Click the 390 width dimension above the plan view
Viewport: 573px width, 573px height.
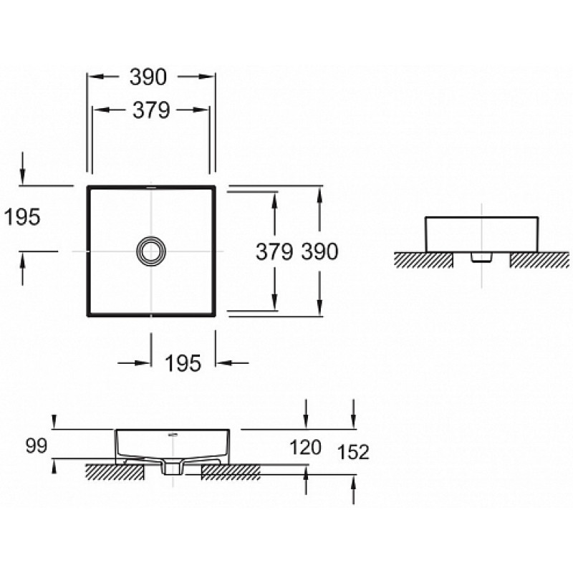point(148,77)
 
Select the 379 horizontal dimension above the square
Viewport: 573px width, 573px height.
point(151,110)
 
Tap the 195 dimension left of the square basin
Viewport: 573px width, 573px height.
point(22,218)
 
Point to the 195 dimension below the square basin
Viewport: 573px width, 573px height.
point(183,364)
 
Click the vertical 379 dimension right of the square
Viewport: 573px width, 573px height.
point(274,252)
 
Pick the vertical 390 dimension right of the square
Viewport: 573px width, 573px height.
point(319,252)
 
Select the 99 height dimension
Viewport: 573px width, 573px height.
point(37,446)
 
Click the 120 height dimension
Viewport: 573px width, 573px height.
point(306,447)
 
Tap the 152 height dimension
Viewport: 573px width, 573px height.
point(353,452)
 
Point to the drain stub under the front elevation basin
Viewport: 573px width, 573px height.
point(481,257)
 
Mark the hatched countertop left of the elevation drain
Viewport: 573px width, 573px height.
point(423,260)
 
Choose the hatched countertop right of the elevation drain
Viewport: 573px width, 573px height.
point(539,260)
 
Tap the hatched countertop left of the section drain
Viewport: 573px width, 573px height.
point(115,472)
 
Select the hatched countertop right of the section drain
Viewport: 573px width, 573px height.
point(231,472)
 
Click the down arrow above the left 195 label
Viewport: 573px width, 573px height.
point(23,169)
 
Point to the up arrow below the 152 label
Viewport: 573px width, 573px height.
point(353,490)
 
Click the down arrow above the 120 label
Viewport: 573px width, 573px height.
point(306,414)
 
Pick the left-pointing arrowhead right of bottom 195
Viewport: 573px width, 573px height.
point(223,363)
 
